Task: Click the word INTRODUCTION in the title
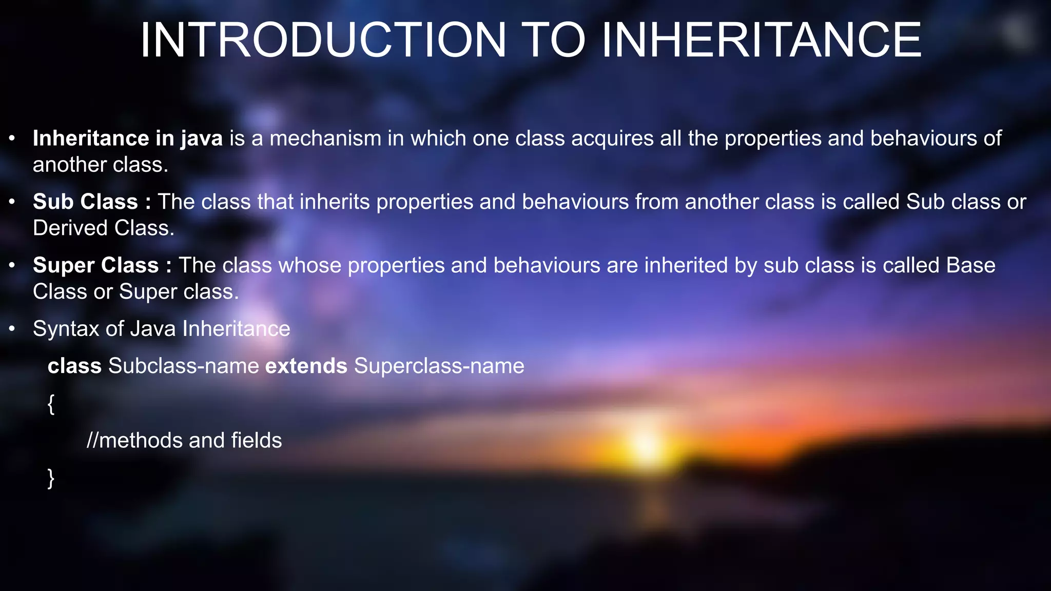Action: coord(323,40)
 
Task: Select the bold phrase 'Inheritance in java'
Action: coord(128,139)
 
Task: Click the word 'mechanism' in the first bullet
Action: coord(325,139)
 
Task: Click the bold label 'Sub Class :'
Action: coord(92,202)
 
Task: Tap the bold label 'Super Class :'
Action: coord(102,265)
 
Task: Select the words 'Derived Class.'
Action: coord(104,228)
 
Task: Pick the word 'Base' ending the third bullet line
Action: coord(970,265)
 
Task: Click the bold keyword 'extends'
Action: coord(306,366)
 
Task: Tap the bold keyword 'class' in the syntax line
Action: coord(74,366)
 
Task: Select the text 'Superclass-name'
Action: coord(439,366)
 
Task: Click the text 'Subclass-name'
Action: coord(184,366)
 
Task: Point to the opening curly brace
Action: coord(51,404)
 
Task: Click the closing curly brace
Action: coord(51,478)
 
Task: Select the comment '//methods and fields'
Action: coord(184,441)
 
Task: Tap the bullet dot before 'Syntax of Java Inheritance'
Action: coord(12,329)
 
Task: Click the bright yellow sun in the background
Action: coord(646,444)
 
